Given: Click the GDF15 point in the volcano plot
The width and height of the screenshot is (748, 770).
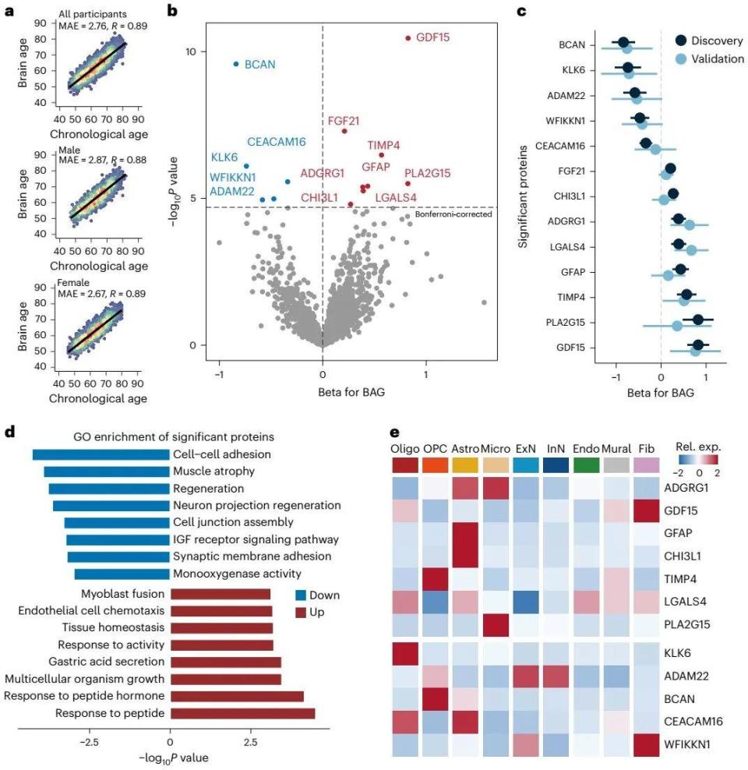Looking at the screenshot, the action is click(x=408, y=38).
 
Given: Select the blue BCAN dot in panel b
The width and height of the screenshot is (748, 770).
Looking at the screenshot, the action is click(x=236, y=64).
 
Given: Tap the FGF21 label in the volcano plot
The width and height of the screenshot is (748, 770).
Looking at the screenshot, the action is click(x=344, y=121).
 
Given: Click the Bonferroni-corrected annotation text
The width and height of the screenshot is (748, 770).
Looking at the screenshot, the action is click(x=453, y=214).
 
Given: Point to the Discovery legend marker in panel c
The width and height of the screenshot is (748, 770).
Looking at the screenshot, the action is click(x=681, y=41).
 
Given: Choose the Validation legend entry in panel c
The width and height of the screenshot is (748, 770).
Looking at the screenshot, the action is click(x=710, y=59).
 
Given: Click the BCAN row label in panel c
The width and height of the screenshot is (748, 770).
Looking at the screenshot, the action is click(x=572, y=44).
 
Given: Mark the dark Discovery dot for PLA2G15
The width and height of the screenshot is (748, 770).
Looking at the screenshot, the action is click(x=697, y=320).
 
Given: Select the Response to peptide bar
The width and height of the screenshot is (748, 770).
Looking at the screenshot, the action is click(x=243, y=713).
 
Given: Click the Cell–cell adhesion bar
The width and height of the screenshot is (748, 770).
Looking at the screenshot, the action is click(x=101, y=454).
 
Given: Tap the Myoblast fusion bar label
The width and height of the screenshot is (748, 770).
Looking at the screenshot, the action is click(x=122, y=594).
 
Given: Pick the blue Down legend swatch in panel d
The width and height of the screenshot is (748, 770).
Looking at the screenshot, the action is click(x=301, y=595).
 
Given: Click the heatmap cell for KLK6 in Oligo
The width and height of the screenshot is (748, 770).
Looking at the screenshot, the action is click(x=405, y=653).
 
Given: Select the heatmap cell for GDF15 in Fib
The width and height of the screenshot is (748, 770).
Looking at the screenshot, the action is click(x=647, y=510).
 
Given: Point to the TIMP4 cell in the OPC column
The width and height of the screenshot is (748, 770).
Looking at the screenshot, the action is click(x=436, y=579).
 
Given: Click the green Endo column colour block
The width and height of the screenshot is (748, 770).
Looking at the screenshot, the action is click(x=586, y=465).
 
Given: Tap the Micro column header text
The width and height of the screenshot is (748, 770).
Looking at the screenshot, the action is click(x=496, y=448).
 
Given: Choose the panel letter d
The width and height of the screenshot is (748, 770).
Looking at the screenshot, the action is click(x=9, y=432).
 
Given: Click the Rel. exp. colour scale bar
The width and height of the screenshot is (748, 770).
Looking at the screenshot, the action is click(x=698, y=460).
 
